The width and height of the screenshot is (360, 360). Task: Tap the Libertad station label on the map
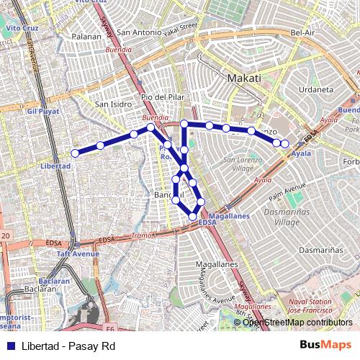click(56, 166)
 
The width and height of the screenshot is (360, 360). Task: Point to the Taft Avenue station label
click(78, 253)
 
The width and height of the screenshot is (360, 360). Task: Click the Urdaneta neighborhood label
click(317, 89)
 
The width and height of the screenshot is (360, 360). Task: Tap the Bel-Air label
click(304, 32)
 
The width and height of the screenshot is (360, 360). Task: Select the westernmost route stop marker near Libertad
click(75, 153)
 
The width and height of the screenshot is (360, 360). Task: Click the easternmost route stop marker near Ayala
click(284, 144)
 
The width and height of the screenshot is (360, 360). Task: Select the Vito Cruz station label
click(22, 27)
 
